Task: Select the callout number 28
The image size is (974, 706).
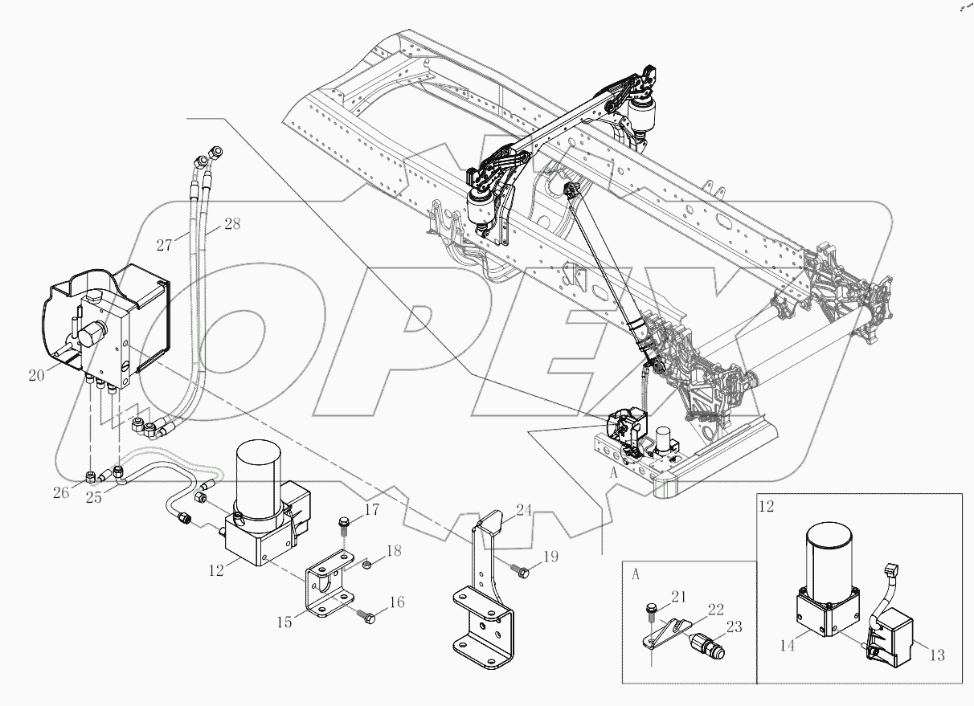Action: (x=231, y=225)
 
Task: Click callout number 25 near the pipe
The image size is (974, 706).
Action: (x=93, y=498)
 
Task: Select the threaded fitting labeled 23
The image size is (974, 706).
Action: (x=708, y=645)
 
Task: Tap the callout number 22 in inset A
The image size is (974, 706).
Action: (x=714, y=608)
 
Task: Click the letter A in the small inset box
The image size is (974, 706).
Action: (x=636, y=573)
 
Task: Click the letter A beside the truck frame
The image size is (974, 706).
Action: (x=613, y=473)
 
